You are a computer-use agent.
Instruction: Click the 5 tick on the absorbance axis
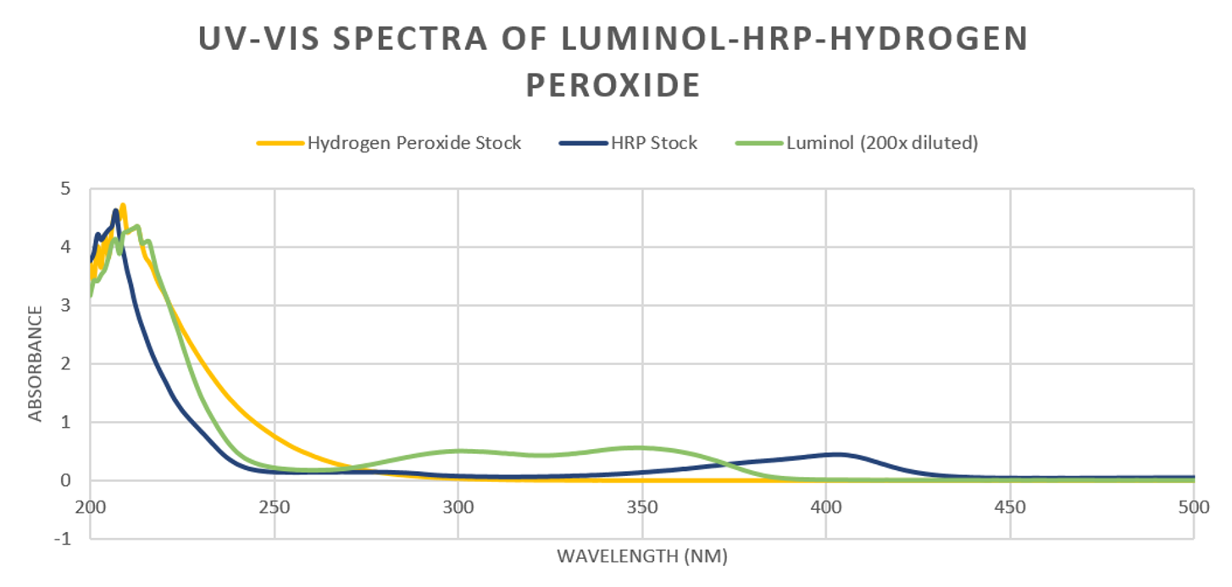[x=76, y=189]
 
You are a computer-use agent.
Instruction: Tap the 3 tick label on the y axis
[x=76, y=306]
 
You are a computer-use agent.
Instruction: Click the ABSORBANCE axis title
[x=36, y=364]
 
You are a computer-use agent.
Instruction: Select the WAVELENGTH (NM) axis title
[x=641, y=557]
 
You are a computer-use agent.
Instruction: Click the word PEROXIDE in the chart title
[x=613, y=86]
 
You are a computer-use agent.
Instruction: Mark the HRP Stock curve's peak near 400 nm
[x=839, y=454]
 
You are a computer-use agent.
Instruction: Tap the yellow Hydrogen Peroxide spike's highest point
[x=123, y=205]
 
